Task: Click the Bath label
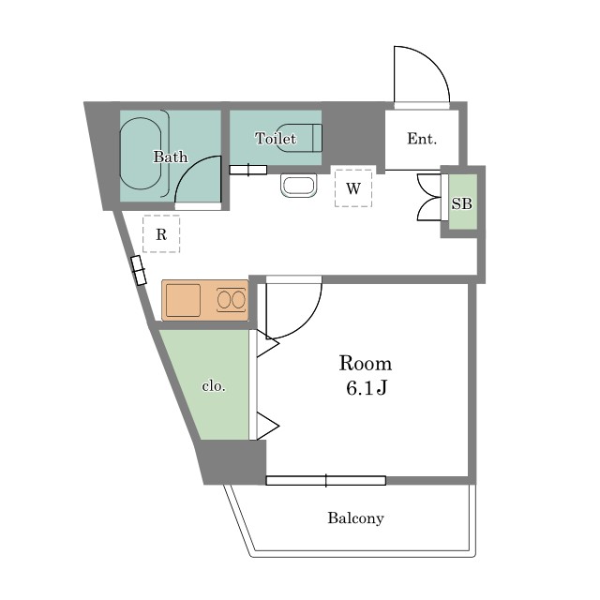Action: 171,157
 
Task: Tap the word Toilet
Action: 276,138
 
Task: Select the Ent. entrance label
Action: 422,139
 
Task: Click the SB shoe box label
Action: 462,203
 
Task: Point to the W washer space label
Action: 353,188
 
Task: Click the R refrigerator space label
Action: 161,234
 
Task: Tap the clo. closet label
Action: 214,385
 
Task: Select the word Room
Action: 366,364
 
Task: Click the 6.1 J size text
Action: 367,388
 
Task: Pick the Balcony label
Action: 355,518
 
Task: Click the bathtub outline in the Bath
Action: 141,154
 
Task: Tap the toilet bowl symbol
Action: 299,138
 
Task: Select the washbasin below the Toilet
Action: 298,186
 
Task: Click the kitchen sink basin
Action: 183,300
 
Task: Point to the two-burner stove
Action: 232,300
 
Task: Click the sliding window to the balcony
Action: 326,481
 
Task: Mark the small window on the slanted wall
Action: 138,271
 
